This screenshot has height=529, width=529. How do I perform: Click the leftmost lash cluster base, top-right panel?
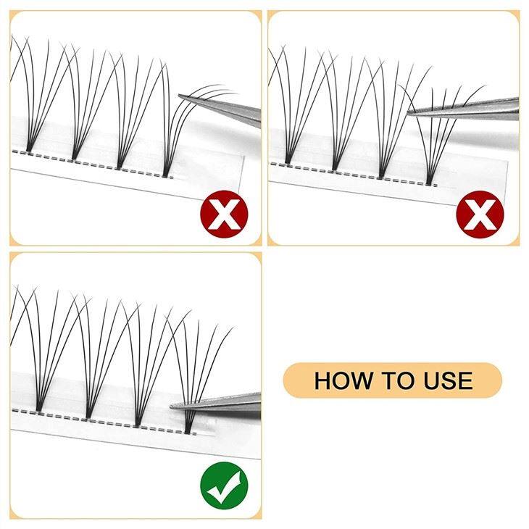click(x=288, y=160)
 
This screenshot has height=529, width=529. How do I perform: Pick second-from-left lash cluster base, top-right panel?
click(x=335, y=167)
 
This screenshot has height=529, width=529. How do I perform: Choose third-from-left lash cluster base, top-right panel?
click(x=381, y=175)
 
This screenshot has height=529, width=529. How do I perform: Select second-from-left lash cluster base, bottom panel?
click(x=88, y=416)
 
